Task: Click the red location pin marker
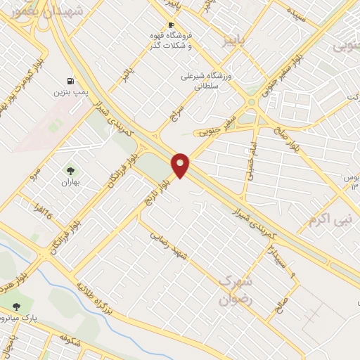(x=181, y=165)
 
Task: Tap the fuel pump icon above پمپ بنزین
(x=70, y=81)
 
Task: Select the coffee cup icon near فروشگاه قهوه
(x=171, y=25)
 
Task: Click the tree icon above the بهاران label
(x=70, y=170)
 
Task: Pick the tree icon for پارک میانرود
(x=18, y=305)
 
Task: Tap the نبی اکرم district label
(x=328, y=220)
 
